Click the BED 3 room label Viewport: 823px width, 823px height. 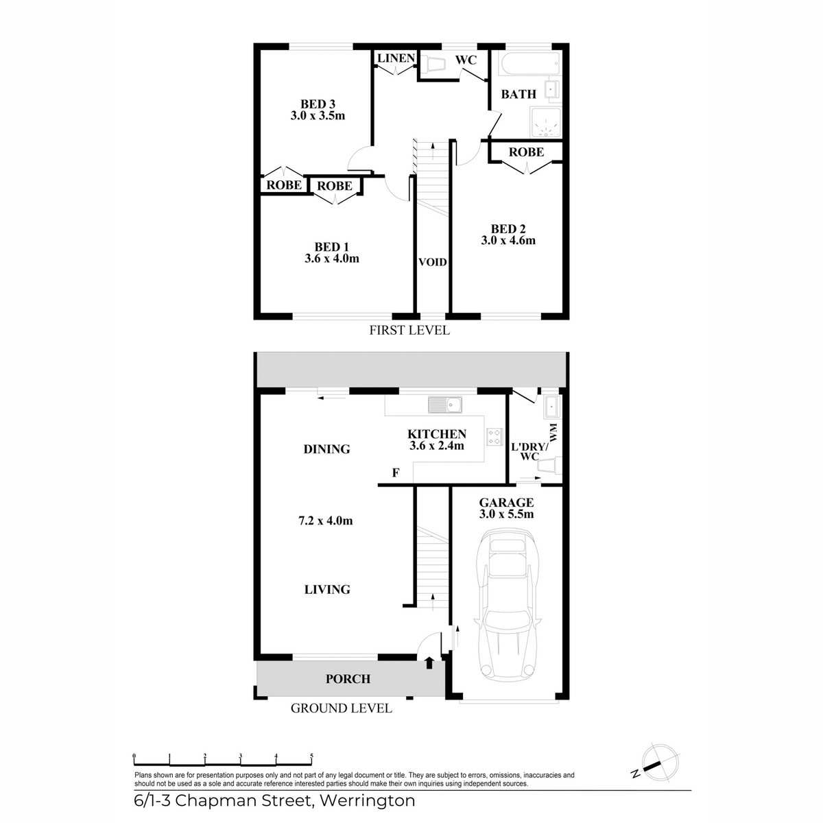coord(318,104)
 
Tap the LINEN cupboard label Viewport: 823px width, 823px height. coord(396,58)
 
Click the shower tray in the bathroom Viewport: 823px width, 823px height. coord(545,122)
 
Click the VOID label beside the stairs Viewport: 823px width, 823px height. coord(432,262)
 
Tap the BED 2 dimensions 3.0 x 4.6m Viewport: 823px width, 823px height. coord(508,241)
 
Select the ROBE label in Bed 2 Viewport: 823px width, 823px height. coord(526,152)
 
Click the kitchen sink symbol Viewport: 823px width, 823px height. coord(445,405)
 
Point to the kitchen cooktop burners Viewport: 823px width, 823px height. coord(494,436)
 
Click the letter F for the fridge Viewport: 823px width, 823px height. coord(396,473)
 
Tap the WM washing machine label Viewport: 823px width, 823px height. coord(554,432)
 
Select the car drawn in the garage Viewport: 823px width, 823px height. coord(508,606)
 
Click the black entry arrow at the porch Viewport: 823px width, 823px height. coord(429,663)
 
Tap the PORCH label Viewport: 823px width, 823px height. coord(348,679)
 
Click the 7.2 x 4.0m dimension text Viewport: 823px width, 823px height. coord(326,521)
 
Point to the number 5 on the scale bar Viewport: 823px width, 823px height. coord(311,756)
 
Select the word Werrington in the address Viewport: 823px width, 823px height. coord(368,800)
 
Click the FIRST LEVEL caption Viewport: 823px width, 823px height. coord(409,330)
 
